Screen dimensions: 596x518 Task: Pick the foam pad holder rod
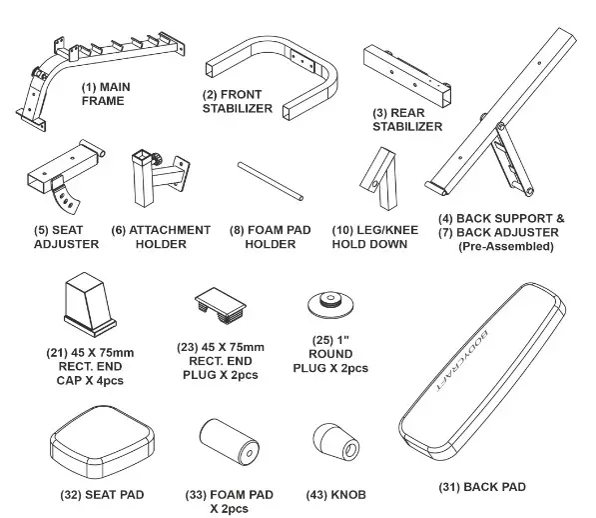pos(271,181)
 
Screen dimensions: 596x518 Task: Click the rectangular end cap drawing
pos(89,304)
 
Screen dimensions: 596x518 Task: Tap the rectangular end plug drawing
pos(221,305)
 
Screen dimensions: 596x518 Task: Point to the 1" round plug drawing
pos(330,303)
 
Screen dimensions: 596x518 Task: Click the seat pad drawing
pos(102,441)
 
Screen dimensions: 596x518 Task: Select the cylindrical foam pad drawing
pos(230,441)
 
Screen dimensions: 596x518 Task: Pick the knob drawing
pos(336,443)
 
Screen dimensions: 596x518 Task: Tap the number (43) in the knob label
pos(317,495)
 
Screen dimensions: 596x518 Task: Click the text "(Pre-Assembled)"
pos(505,246)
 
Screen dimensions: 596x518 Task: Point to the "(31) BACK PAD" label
pos(482,487)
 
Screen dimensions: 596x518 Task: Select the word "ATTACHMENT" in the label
pos(170,230)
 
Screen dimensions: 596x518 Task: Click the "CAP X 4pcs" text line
pos(90,380)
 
